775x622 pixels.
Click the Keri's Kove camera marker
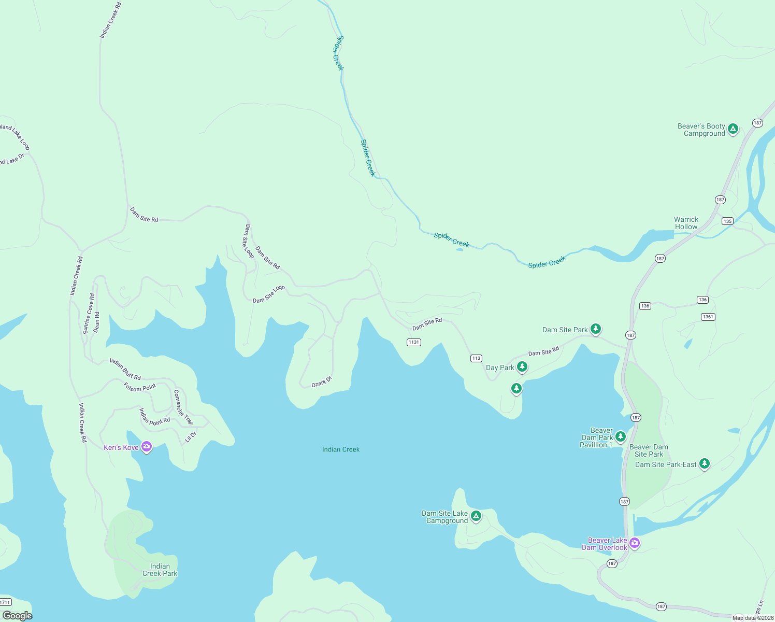pyautogui.click(x=147, y=446)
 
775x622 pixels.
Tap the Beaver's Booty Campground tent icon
pyautogui.click(x=733, y=129)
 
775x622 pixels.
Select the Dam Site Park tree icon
pyautogui.click(x=596, y=329)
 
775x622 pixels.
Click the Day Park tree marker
pyautogui.click(x=522, y=366)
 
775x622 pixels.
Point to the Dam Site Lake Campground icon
pyautogui.click(x=476, y=516)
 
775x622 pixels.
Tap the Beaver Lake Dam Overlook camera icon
pyautogui.click(x=635, y=543)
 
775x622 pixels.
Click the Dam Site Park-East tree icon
pyautogui.click(x=704, y=463)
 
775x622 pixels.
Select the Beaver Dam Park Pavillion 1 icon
pyautogui.click(x=620, y=437)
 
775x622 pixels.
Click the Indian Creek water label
pyautogui.click(x=341, y=449)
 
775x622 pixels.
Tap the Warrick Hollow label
pyautogui.click(x=686, y=223)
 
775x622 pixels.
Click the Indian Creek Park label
pyautogui.click(x=160, y=570)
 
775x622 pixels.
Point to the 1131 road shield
pyautogui.click(x=414, y=342)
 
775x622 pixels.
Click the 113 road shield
pyautogui.click(x=476, y=358)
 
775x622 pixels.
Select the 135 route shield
pyautogui.click(x=727, y=221)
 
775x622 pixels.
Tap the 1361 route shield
pyautogui.click(x=708, y=317)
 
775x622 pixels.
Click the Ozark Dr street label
pyautogui.click(x=321, y=382)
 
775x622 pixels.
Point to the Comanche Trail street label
pyautogui.click(x=183, y=407)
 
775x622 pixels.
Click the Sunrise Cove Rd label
pyautogui.click(x=89, y=314)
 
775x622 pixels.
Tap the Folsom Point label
pyautogui.click(x=140, y=387)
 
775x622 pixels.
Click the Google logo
pyautogui.click(x=17, y=616)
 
